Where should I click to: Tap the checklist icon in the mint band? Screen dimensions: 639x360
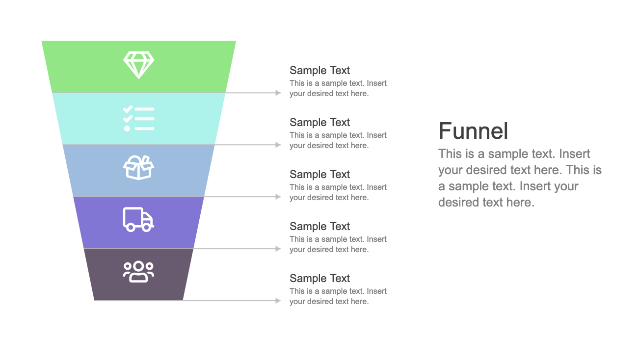[x=138, y=119]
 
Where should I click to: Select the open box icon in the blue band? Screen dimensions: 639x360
[x=138, y=168]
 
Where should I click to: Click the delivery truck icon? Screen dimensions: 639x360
[x=138, y=219]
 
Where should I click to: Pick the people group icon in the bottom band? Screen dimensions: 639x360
[x=138, y=272]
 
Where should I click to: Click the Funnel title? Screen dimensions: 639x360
[x=473, y=131]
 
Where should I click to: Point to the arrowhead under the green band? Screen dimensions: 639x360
[x=278, y=93]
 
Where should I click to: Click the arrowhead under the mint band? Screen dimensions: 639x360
[x=278, y=145]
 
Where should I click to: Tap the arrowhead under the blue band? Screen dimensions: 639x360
[x=278, y=197]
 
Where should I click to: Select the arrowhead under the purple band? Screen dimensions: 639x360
[x=278, y=249]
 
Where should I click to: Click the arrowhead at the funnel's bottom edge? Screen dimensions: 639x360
[x=278, y=301]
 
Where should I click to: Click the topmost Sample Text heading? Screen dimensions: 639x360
[x=319, y=71]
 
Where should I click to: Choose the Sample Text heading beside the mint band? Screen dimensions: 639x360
[x=319, y=122]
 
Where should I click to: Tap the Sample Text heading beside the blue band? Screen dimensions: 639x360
[x=319, y=175]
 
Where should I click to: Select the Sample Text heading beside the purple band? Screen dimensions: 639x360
[x=319, y=226]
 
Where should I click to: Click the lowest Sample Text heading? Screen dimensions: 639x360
[x=319, y=278]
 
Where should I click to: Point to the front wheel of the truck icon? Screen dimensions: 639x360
[x=147, y=228]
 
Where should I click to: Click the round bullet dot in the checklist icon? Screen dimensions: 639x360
[x=127, y=129]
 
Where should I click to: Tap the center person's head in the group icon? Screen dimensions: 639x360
[x=138, y=266]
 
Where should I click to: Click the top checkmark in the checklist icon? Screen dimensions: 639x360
[x=128, y=109]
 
